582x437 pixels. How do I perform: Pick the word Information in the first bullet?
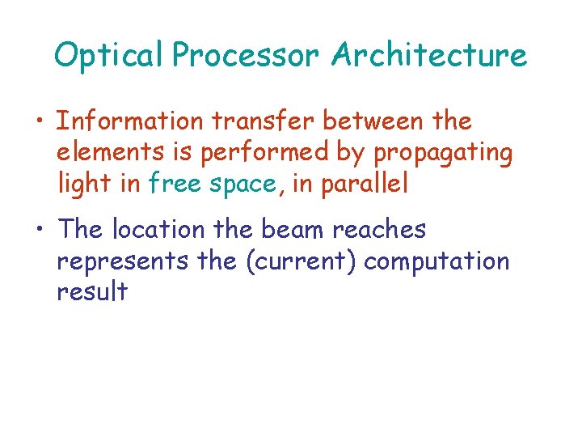[x=130, y=121]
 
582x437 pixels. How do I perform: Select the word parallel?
[x=365, y=185]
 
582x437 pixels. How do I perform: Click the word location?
[x=159, y=230]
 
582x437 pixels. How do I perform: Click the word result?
[x=92, y=291]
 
